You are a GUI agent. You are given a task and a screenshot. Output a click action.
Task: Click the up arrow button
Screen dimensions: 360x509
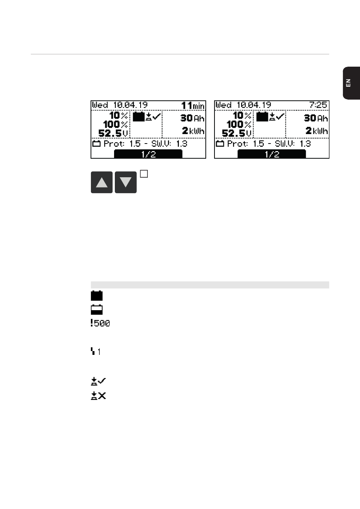(x=102, y=182)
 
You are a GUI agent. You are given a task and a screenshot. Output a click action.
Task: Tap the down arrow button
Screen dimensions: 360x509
(x=126, y=182)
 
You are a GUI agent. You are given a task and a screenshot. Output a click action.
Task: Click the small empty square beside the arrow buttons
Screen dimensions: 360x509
(x=144, y=174)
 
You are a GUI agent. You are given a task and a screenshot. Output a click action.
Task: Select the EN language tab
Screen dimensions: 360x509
(x=351, y=83)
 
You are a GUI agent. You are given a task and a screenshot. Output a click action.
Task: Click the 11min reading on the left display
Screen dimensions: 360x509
(x=193, y=106)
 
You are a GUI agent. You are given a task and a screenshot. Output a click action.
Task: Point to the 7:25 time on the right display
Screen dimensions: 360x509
(x=318, y=105)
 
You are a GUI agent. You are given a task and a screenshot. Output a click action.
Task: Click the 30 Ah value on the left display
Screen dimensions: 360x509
(x=193, y=118)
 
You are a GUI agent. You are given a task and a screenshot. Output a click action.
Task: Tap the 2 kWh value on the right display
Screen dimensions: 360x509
(x=316, y=131)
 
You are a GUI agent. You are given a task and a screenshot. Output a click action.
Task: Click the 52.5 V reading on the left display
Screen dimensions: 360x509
(x=113, y=133)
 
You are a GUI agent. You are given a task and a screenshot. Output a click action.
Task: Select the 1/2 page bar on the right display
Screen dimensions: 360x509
(x=272, y=154)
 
